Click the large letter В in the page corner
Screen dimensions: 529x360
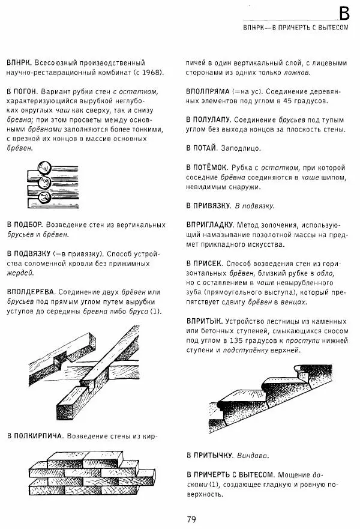343,13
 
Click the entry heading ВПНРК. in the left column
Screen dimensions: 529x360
19,62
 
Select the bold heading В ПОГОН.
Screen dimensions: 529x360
22,91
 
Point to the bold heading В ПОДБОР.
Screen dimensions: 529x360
24,225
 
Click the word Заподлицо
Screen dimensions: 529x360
243,147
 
